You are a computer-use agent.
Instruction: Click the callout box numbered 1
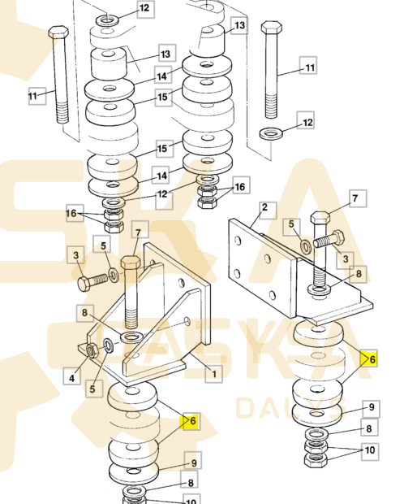(213, 374)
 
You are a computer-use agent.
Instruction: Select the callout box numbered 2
(268, 211)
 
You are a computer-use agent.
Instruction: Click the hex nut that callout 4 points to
(92, 350)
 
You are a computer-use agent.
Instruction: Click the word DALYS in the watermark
(290, 408)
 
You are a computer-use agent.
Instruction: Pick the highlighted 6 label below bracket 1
(191, 421)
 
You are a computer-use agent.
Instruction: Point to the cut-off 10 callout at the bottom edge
(191, 499)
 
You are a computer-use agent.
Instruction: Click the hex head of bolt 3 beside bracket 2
(339, 237)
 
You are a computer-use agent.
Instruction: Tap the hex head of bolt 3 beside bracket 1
(84, 284)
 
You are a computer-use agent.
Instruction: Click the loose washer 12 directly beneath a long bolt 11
(271, 133)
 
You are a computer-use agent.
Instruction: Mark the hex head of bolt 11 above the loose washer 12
(272, 27)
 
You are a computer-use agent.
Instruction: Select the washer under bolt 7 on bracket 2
(320, 290)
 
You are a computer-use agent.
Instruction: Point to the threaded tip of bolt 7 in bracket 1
(131, 318)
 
